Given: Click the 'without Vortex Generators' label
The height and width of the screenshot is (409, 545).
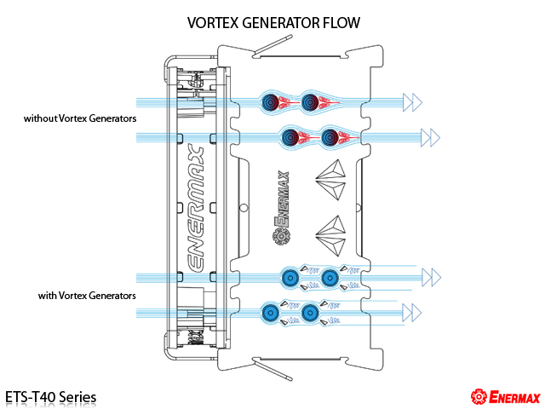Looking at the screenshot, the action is [x=80, y=118].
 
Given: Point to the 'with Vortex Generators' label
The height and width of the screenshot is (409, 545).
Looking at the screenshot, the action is [x=87, y=296].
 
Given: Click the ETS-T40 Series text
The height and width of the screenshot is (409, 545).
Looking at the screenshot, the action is [x=51, y=397].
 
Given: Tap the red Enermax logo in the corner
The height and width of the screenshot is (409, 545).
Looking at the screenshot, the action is [x=506, y=397].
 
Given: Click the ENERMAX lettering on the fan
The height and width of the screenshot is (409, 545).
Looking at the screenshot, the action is [x=195, y=208].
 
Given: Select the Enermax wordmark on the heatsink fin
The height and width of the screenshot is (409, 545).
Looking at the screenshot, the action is [x=282, y=199].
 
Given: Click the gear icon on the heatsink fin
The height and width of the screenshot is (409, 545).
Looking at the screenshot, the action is [x=281, y=237].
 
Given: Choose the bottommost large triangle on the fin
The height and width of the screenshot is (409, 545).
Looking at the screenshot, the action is [x=331, y=247].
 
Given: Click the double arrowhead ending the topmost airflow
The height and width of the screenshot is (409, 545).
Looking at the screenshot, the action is [x=412, y=102].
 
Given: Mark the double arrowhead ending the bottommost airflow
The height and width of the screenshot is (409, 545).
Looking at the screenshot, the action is [x=412, y=313].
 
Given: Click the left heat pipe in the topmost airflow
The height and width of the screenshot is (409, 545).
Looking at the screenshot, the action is [x=271, y=102].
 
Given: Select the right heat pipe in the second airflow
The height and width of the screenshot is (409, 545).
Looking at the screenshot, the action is [x=330, y=137].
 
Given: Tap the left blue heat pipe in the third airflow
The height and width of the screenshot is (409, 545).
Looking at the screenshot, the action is [x=290, y=278].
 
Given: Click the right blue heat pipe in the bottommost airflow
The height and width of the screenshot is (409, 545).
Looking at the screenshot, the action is [x=309, y=313].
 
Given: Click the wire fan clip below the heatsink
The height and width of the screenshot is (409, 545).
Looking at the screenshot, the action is [x=272, y=370].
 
